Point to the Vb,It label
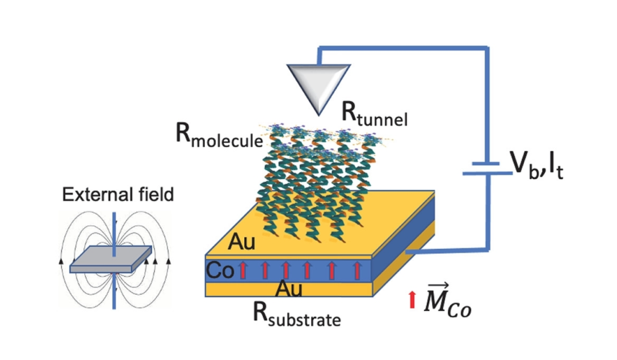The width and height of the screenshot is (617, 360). pyautogui.click(x=537, y=166)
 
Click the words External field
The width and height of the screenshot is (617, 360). pyautogui.click(x=118, y=195)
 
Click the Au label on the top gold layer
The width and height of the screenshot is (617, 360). pyautogui.click(x=242, y=241)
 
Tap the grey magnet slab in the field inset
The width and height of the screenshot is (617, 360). pyautogui.click(x=111, y=260)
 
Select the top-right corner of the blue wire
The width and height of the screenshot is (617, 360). pyautogui.click(x=486, y=49)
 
